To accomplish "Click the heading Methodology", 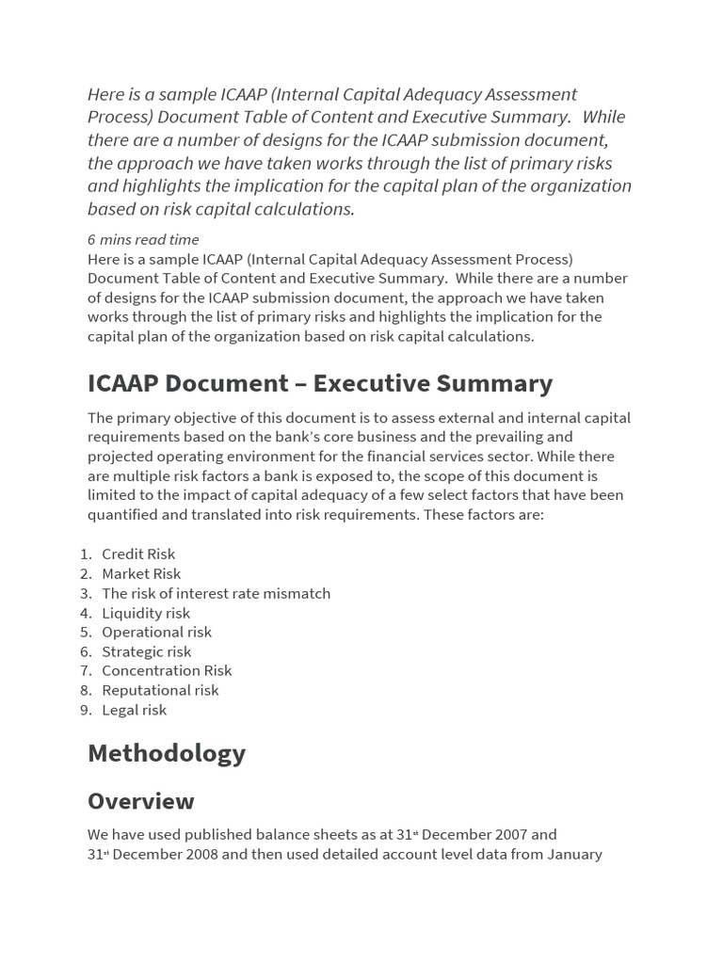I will point(167,753).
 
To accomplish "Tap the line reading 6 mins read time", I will point(143,239).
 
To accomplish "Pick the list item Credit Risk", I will point(138,554).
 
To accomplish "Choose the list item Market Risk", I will point(141,573).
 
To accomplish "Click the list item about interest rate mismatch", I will point(216,593).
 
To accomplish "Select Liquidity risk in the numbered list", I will point(146,613).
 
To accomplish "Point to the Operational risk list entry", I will point(156,632).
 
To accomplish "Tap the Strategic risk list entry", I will point(146,651).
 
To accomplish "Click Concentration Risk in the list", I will point(167,670).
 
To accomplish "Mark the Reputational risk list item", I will point(160,690).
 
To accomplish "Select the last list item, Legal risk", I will point(134,710).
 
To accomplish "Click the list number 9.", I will point(85,710).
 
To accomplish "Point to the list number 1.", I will point(85,554).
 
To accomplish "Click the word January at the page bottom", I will point(570,855).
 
